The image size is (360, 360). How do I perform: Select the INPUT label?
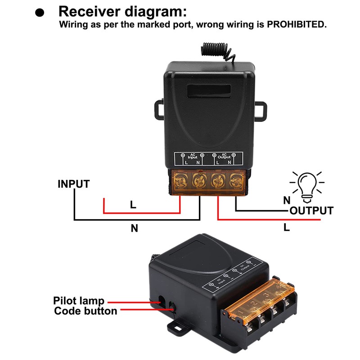pyautogui.click(x=73, y=184)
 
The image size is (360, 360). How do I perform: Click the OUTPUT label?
pyautogui.click(x=311, y=211)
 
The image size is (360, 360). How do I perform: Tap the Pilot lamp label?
pyautogui.click(x=79, y=301)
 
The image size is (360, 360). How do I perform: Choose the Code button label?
pyautogui.click(x=85, y=311)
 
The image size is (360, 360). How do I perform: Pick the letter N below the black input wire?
pyautogui.click(x=134, y=228)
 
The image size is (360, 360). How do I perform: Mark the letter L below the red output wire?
pyautogui.click(x=287, y=228)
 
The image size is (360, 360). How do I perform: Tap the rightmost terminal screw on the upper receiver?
pyautogui.click(x=234, y=182)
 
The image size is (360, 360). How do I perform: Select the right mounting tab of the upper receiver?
pyautogui.click(x=261, y=108)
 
